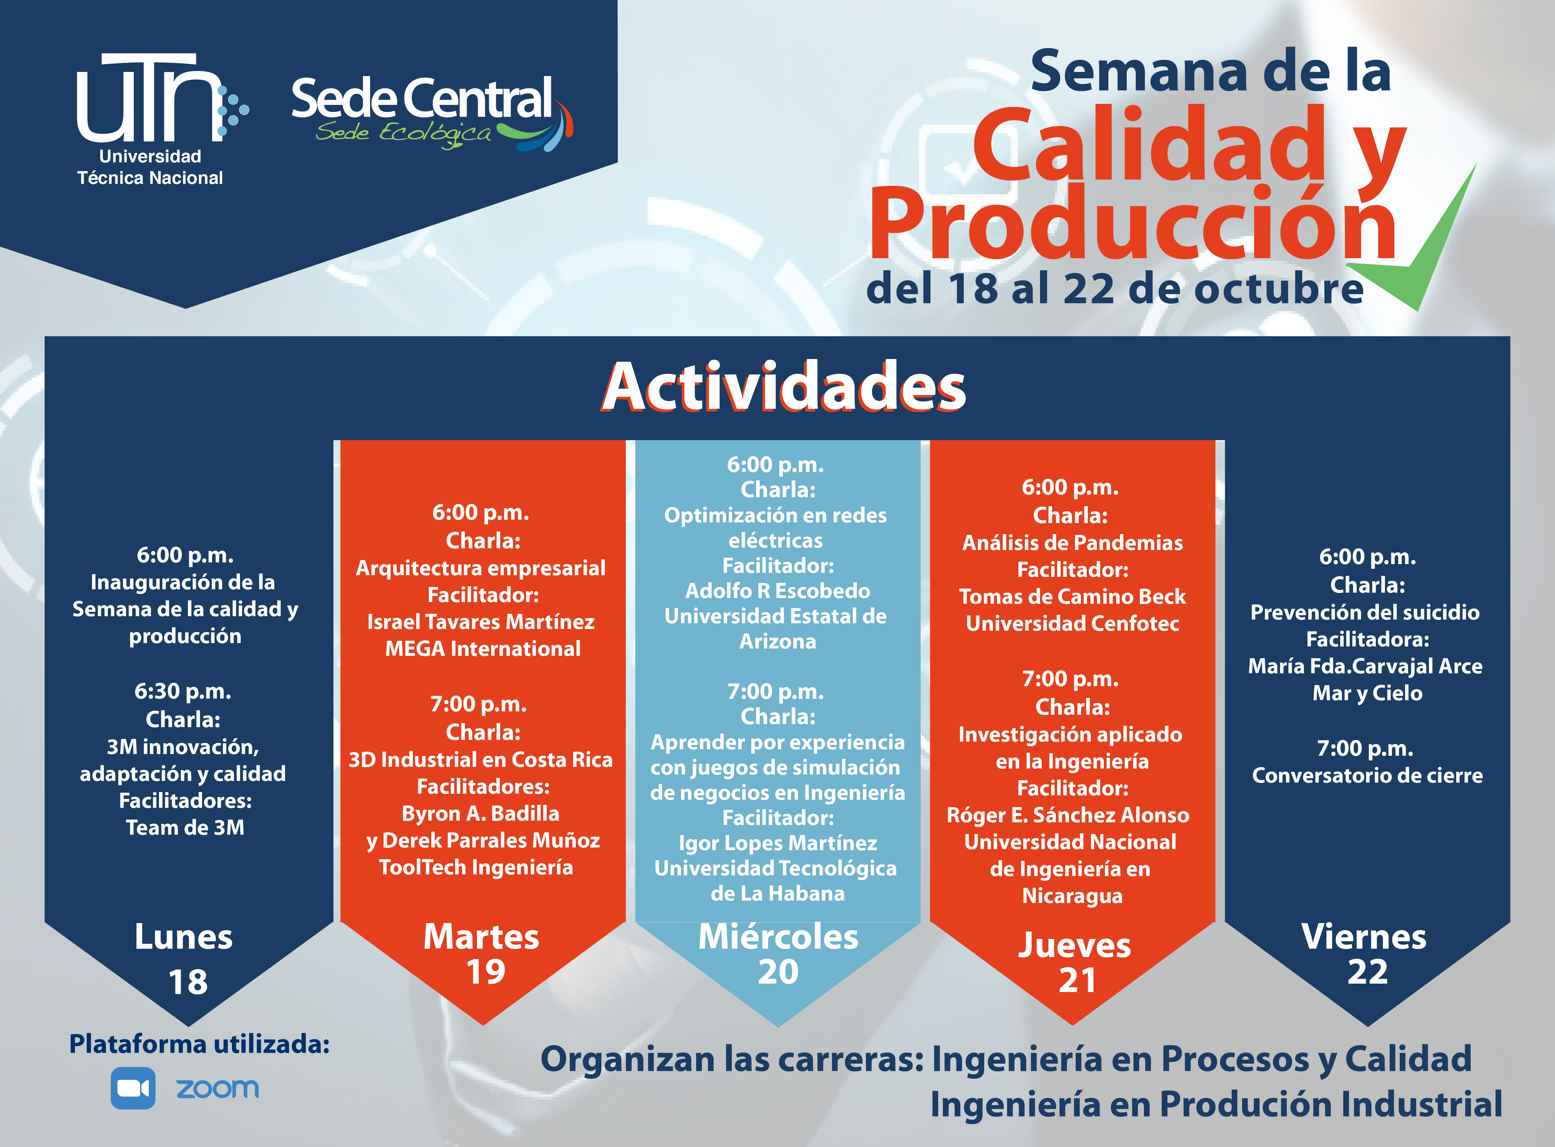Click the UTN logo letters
pyautogui.click(x=149, y=97)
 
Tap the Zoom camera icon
pyautogui.click(x=132, y=1088)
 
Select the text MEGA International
pyautogui.click(x=482, y=648)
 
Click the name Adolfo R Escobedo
pyautogui.click(x=778, y=591)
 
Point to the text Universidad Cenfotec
pyautogui.click(x=1073, y=624)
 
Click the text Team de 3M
pyautogui.click(x=185, y=828)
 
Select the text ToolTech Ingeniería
pyautogui.click(x=476, y=867)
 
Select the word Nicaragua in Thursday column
pyautogui.click(x=1072, y=896)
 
